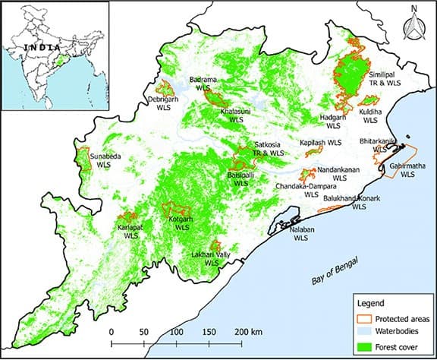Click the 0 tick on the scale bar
pos(112,332)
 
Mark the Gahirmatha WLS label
pos(408,169)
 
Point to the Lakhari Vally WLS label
pos(210,258)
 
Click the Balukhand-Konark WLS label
pos(353,202)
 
